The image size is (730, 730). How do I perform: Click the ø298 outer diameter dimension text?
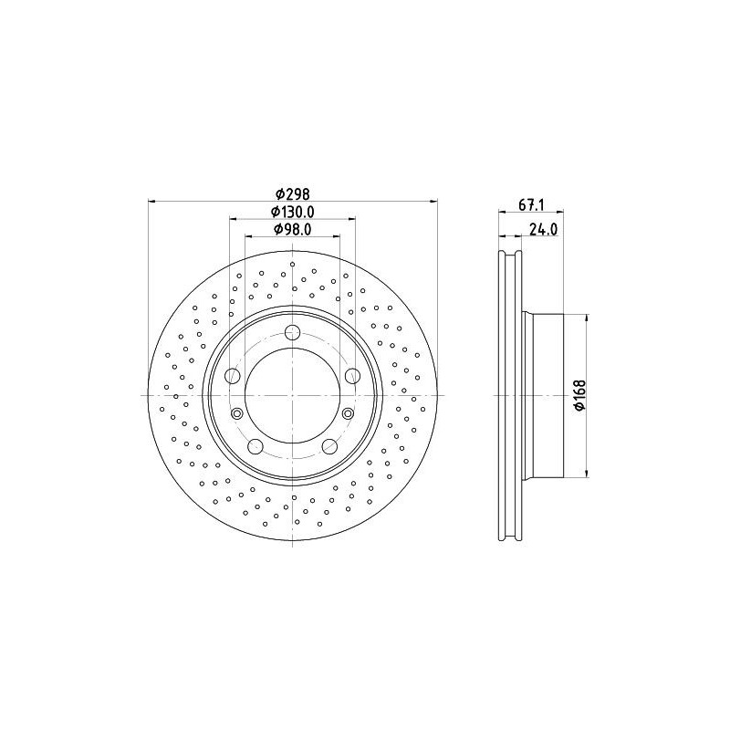coord(293,193)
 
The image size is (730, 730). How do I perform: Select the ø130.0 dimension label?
coord(293,211)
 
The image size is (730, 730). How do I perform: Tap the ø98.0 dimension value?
coord(293,229)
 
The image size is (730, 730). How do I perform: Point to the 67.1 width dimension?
coord(531,205)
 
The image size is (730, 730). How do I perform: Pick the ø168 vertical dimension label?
coord(579,395)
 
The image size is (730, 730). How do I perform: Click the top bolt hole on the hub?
coord(292,332)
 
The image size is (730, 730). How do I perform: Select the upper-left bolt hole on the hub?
coord(233,376)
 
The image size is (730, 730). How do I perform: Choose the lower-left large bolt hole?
coord(255,446)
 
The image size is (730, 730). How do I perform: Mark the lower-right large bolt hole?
coord(329,446)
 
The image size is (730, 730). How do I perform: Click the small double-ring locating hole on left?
coord(237,414)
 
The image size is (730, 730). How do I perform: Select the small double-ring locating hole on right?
coord(348,414)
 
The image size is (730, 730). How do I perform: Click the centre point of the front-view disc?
coord(292,395)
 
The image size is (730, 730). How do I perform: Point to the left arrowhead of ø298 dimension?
coord(151,201)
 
